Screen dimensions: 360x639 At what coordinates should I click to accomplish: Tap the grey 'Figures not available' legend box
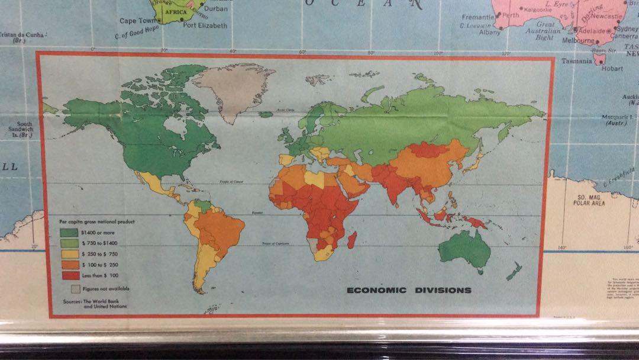pyautogui.click(x=75, y=289)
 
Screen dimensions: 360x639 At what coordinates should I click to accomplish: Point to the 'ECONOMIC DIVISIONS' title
pyautogui.click(x=409, y=290)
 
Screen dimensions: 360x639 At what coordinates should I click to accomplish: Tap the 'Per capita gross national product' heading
pyautogui.click(x=97, y=221)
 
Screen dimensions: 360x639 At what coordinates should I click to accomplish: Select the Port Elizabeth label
pyautogui.click(x=205, y=25)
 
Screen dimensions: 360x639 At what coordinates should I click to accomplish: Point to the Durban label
pyautogui.click(x=215, y=9)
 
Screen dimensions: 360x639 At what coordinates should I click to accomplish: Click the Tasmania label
pyautogui.click(x=576, y=61)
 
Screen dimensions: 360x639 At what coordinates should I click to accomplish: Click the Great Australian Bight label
pyautogui.click(x=545, y=31)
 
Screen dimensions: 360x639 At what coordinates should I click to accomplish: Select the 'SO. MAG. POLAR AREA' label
pyautogui.click(x=588, y=200)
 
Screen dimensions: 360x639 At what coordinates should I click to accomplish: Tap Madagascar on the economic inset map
pyautogui.click(x=353, y=238)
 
